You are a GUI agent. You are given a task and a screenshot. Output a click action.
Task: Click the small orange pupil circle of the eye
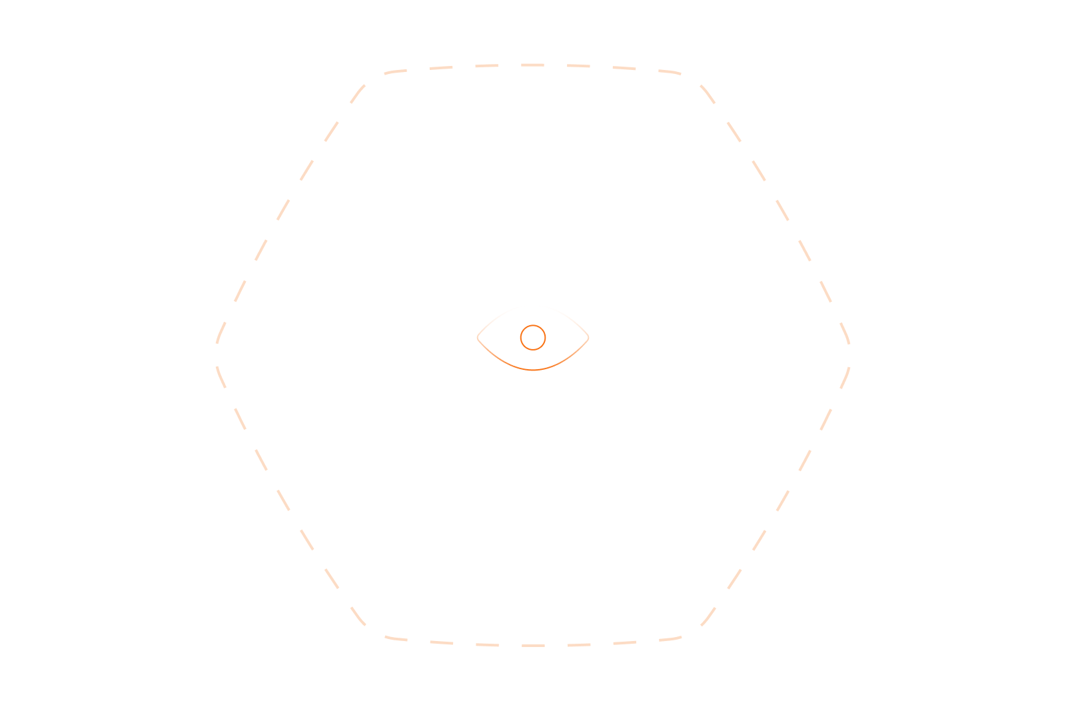(x=533, y=337)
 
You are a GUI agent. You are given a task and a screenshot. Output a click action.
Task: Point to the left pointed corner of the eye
(x=477, y=337)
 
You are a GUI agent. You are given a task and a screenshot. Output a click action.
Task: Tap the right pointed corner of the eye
(x=589, y=337)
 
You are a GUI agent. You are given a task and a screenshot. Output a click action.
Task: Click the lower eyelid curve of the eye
(x=533, y=369)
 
